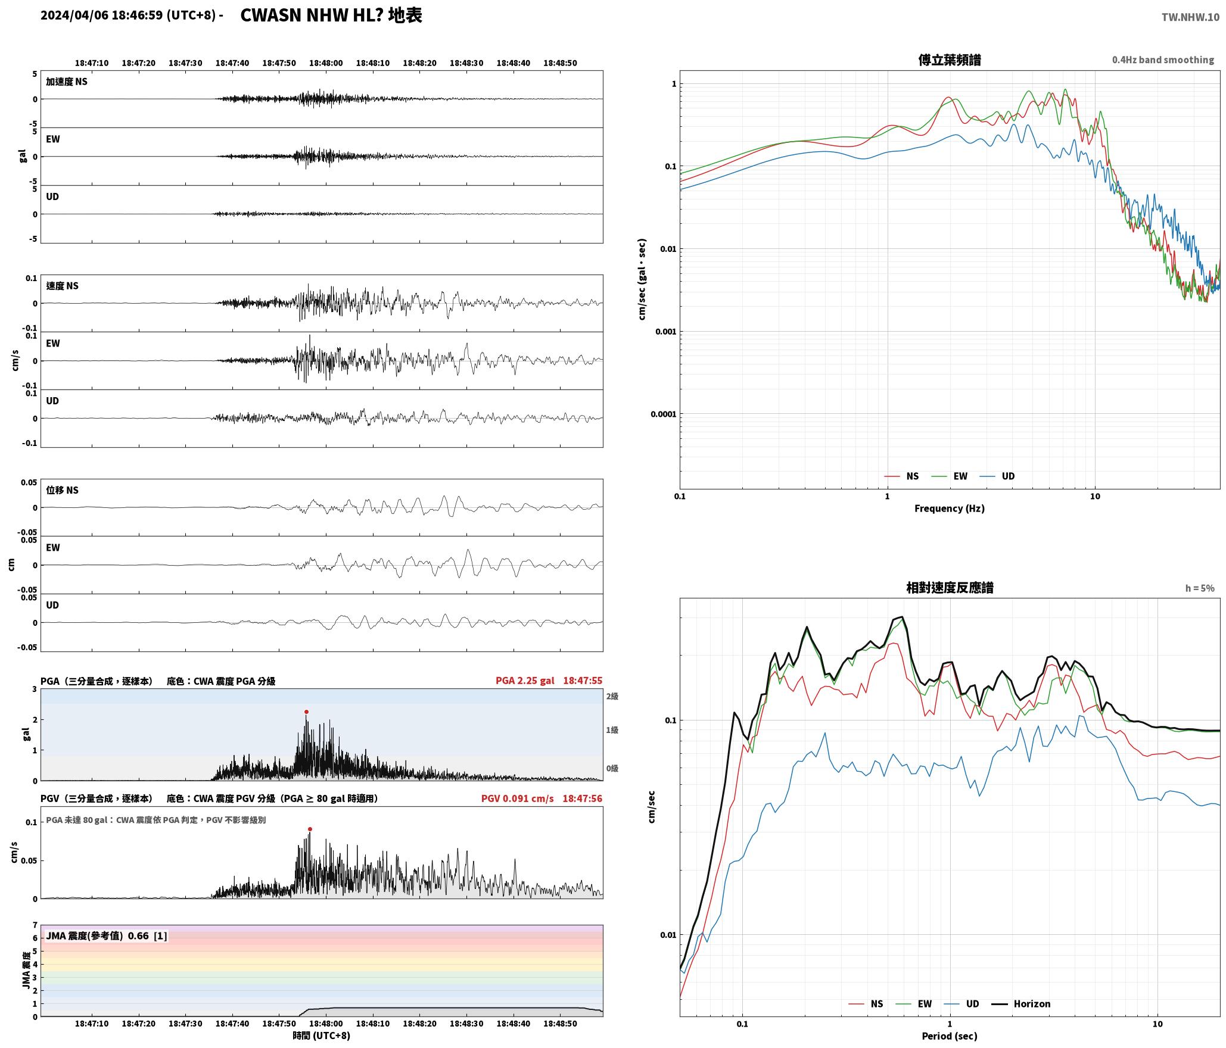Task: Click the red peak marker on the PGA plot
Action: (x=307, y=712)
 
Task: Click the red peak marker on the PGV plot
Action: (x=310, y=829)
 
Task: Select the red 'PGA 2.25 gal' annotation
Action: (x=525, y=681)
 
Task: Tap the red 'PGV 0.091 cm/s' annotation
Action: (x=517, y=798)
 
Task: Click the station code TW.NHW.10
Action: (x=1190, y=17)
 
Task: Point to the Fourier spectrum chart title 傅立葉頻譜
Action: (x=950, y=60)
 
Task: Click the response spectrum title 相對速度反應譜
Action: (x=950, y=588)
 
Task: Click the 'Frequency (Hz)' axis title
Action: (x=950, y=508)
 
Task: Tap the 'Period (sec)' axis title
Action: (x=950, y=1036)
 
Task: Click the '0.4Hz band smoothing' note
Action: (x=1163, y=60)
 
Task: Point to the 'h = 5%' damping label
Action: (x=1200, y=588)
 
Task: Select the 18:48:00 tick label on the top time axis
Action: (x=326, y=63)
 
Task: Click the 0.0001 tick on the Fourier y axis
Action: (x=663, y=414)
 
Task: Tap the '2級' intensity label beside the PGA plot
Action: (x=612, y=696)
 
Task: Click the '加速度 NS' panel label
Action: (x=67, y=82)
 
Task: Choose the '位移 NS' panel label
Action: (x=63, y=490)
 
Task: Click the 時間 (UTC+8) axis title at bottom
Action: (x=322, y=1035)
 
